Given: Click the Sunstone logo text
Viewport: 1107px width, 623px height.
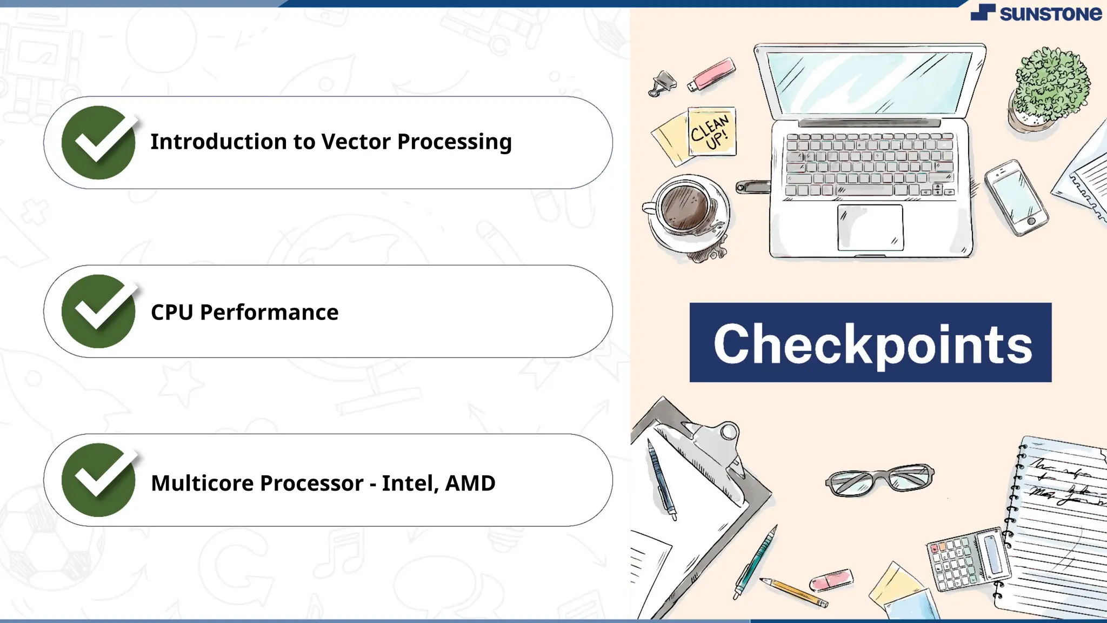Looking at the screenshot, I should coord(1050,14).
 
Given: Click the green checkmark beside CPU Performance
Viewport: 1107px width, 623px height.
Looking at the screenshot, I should coord(98,311).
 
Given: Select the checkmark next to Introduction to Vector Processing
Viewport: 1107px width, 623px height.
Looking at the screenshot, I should coord(98,142).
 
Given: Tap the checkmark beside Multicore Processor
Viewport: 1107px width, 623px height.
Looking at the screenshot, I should coord(98,480).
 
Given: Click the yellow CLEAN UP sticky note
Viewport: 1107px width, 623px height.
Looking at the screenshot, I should coord(711,131).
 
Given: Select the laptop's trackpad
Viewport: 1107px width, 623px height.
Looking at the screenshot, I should coord(870,227).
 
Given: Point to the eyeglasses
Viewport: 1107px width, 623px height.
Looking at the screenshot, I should coord(879,479).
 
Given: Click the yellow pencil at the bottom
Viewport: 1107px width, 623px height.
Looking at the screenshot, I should coord(795,592).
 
